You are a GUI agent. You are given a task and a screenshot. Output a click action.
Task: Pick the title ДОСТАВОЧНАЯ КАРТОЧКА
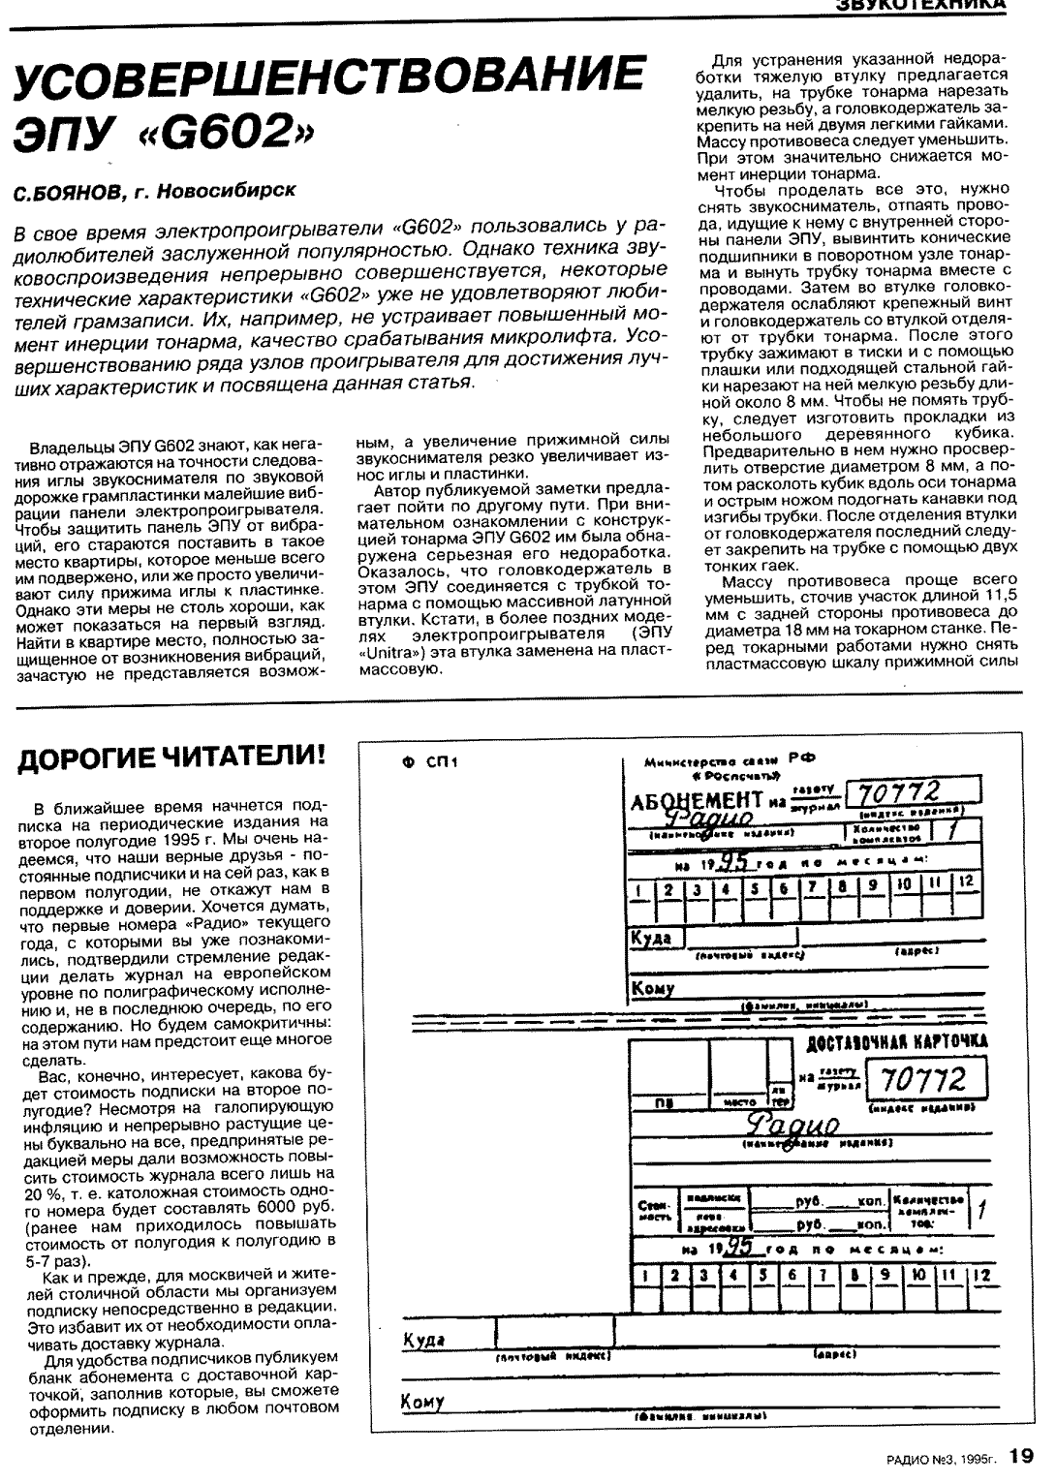click(897, 1041)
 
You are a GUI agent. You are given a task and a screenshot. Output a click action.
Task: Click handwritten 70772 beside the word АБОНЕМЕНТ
click(906, 792)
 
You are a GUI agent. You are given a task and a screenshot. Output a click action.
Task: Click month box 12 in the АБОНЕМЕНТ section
click(965, 884)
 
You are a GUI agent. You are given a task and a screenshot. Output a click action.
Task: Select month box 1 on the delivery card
click(645, 1277)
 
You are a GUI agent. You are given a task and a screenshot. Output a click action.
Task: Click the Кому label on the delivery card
click(422, 1402)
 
